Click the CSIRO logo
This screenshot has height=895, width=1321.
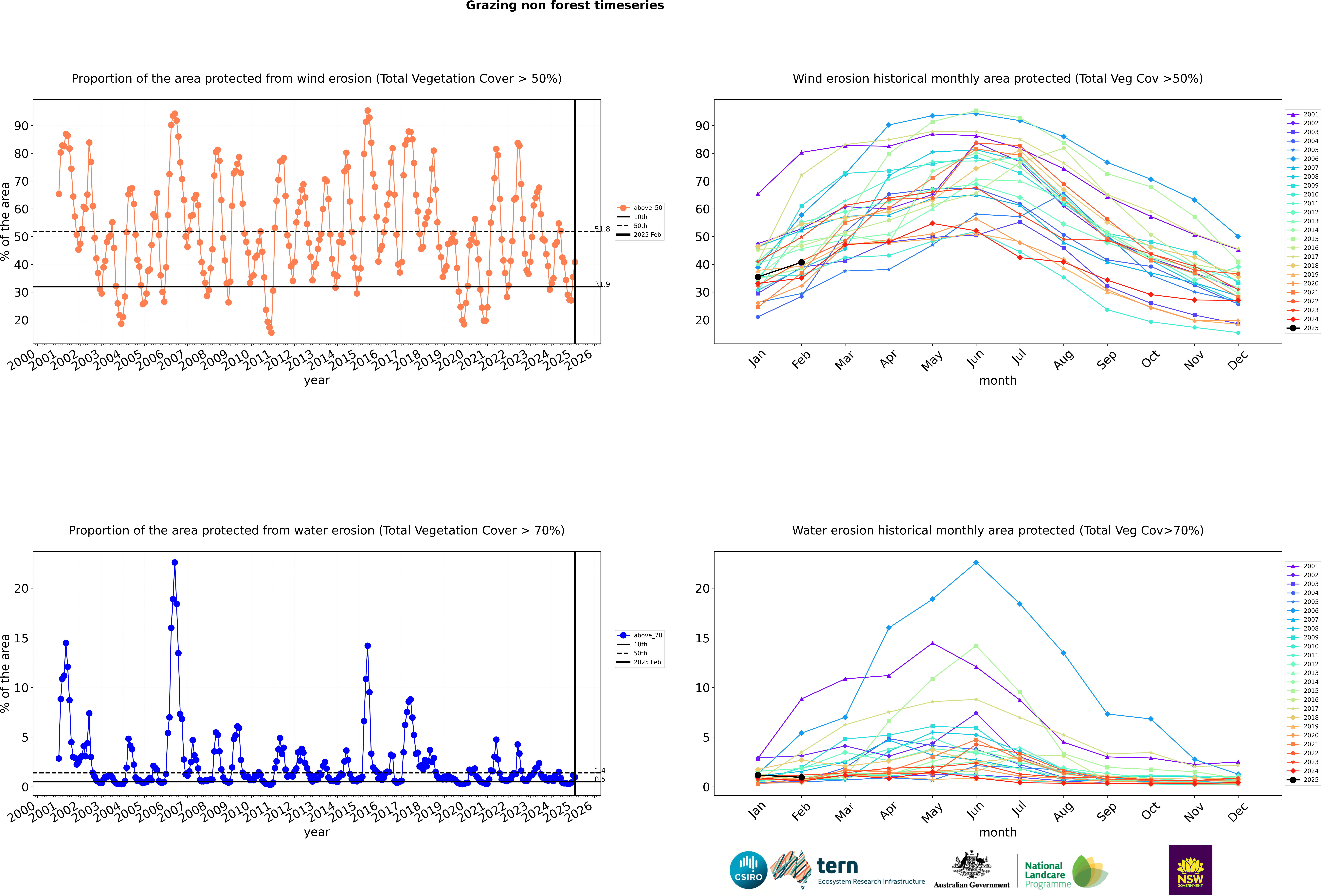coord(748,870)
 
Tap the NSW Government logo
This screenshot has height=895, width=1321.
coord(1190,870)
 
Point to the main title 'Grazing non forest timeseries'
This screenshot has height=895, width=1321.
coord(564,6)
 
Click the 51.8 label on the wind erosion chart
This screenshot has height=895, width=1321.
coord(602,229)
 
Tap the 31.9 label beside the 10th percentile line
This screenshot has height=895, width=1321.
coord(602,284)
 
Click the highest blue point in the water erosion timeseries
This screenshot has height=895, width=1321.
coord(174,563)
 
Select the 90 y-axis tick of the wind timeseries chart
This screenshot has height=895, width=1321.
coord(21,126)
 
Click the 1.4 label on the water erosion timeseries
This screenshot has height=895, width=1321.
coord(600,770)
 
